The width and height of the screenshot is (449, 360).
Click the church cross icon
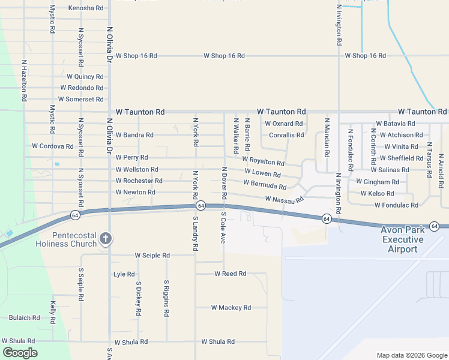pyautogui.click(x=106, y=239)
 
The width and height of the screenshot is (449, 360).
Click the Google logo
pyautogui.click(x=20, y=353)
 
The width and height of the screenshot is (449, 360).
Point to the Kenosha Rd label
pyautogui.click(x=85, y=8)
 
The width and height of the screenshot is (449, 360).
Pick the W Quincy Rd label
pyautogui.click(x=85, y=77)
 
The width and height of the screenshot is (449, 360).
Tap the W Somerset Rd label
pyautogui.click(x=80, y=99)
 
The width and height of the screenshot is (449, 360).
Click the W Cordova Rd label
pyautogui.click(x=52, y=146)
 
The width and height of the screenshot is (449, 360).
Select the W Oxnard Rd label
pyautogui.click(x=284, y=124)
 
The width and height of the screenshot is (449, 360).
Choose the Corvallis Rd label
pyautogui.click(x=286, y=135)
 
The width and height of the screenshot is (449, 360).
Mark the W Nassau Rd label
pyautogui.click(x=285, y=199)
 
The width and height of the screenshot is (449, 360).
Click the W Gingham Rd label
pyautogui.click(x=377, y=181)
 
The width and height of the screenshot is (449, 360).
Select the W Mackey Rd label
pyautogui.click(x=231, y=307)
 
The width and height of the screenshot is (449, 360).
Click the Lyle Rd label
pyautogui.click(x=124, y=274)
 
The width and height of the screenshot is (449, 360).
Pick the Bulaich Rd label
pyautogui.click(x=24, y=318)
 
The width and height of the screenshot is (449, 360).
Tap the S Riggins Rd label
pyautogui.click(x=166, y=298)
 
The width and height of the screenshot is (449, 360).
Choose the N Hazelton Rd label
pyautogui.click(x=24, y=80)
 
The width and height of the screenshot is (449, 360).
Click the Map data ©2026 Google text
pyautogui.click(x=411, y=355)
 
